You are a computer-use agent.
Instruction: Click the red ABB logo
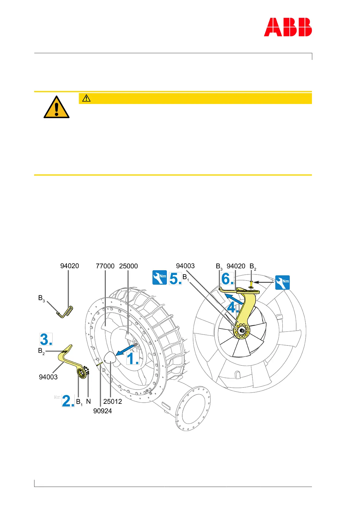288,27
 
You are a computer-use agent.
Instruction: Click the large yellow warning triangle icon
57,107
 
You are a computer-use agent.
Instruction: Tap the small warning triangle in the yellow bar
86,98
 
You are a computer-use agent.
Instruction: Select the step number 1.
132,359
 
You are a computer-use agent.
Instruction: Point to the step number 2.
68,401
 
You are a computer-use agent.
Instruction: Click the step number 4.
233,308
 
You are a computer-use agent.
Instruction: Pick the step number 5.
175,278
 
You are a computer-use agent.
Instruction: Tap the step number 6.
227,278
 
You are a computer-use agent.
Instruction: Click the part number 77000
105,266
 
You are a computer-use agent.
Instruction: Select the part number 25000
128,266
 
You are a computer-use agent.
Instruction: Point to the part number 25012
113,401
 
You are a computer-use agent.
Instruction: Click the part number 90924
102,411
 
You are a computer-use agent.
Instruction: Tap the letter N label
89,401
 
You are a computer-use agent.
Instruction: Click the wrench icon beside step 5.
160,277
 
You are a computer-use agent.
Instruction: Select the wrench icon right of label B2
283,282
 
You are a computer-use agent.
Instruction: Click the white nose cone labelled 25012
110,359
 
